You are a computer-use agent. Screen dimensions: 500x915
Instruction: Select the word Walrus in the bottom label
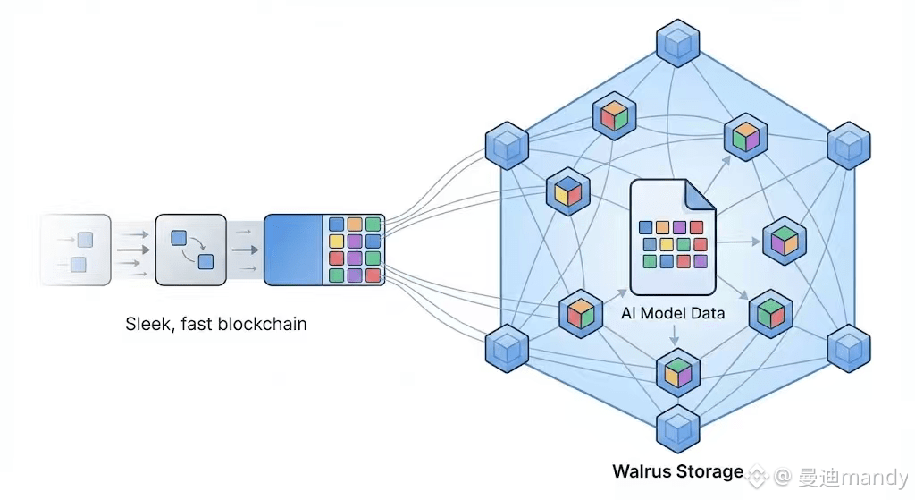642,471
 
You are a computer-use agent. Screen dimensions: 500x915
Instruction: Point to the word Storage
709,471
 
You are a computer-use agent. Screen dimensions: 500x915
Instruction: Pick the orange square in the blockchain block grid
355,225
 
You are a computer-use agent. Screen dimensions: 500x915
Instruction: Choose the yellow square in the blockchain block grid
336,242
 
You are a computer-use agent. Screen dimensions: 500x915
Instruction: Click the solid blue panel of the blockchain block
293,250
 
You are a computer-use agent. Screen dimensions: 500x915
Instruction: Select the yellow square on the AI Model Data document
666,244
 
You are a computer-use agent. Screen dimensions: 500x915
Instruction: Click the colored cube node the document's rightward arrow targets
784,240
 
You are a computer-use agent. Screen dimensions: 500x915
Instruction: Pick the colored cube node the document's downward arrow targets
678,372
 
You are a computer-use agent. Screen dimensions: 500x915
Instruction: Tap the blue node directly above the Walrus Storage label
678,428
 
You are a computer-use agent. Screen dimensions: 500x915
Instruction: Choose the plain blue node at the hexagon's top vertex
678,42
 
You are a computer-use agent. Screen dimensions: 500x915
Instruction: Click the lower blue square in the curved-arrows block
206,261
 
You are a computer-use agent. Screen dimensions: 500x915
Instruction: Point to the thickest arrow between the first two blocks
132,248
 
